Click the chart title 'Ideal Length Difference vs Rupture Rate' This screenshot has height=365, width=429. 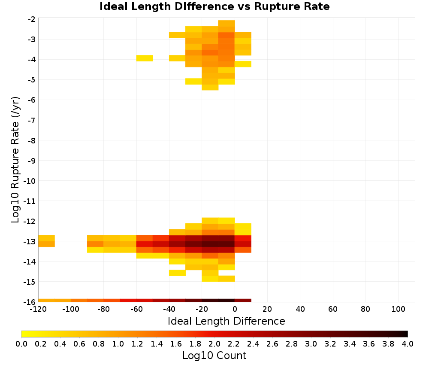(214, 6)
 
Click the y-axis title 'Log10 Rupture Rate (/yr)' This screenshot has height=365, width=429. (15, 160)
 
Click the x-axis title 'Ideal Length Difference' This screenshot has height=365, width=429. (226, 321)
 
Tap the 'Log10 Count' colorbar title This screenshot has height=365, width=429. (214, 356)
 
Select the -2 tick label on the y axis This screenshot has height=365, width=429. (31, 19)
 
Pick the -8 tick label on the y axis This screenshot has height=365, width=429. (31, 140)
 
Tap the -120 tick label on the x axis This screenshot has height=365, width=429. (39, 310)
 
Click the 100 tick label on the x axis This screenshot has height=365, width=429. (399, 310)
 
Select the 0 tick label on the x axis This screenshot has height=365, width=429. (235, 310)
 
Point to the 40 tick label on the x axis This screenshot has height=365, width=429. (300, 310)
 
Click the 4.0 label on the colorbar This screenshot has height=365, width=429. (408, 344)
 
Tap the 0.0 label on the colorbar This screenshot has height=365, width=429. (21, 344)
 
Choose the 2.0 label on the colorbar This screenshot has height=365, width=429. (214, 344)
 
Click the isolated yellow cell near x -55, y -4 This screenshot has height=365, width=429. (145, 58)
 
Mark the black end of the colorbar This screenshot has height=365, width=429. (407, 334)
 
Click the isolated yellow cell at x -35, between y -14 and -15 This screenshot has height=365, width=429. (177, 273)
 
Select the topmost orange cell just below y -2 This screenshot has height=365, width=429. (227, 23)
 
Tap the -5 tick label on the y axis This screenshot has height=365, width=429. (31, 80)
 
